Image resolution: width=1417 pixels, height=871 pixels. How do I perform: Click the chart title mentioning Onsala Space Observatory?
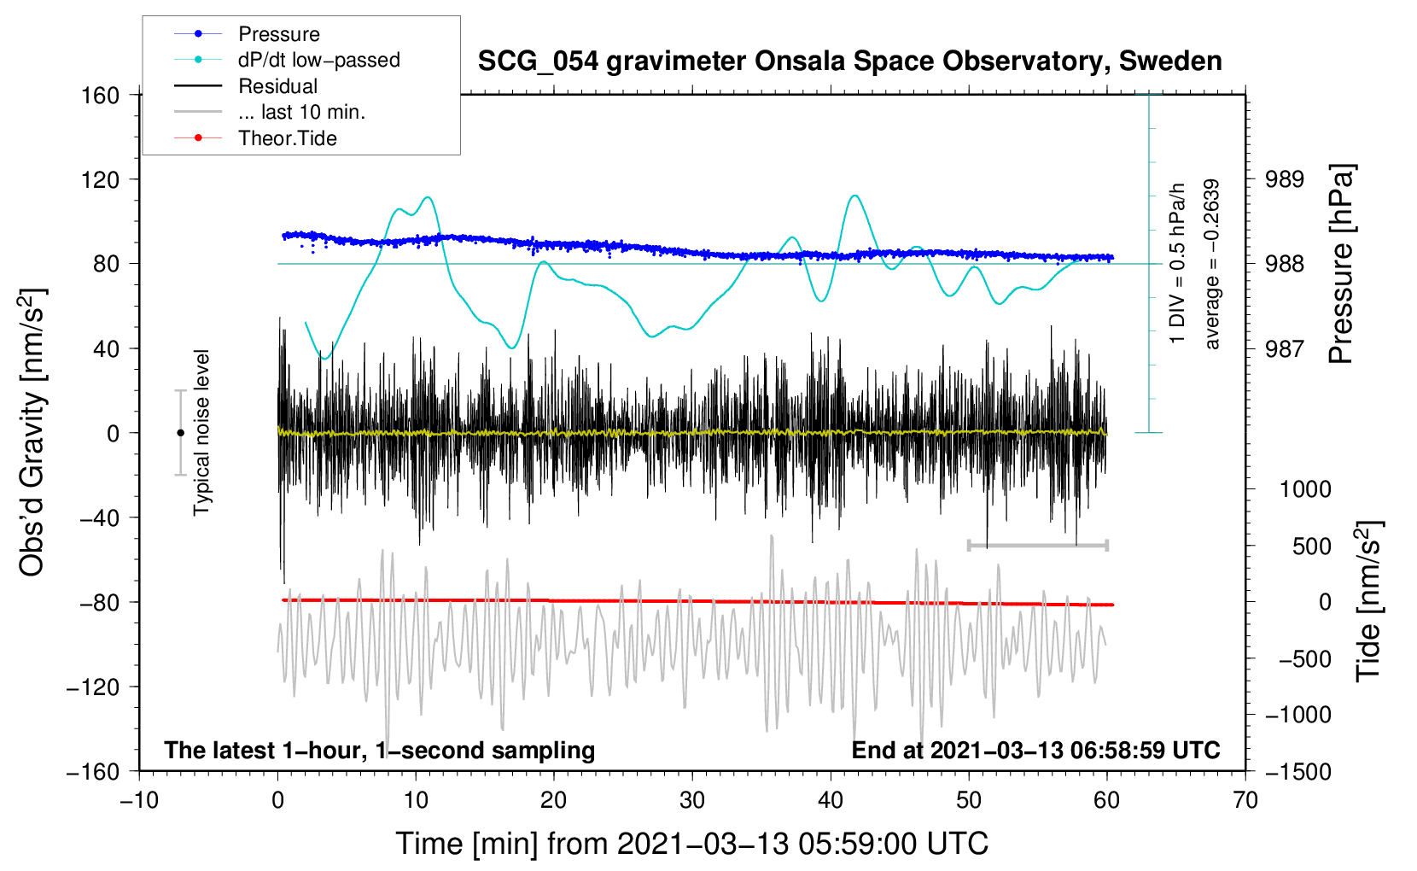(x=849, y=61)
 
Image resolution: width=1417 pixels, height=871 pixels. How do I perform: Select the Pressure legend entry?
(x=278, y=34)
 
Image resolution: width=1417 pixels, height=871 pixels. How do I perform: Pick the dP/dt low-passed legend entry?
(x=318, y=60)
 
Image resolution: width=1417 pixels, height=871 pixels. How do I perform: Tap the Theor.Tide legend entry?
(x=287, y=138)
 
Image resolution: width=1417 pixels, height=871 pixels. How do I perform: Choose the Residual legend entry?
(x=277, y=86)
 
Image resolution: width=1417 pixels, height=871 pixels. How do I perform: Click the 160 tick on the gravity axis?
(x=101, y=95)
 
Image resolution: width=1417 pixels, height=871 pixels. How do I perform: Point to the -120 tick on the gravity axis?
(x=93, y=687)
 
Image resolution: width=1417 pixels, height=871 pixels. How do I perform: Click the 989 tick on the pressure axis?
(x=1285, y=179)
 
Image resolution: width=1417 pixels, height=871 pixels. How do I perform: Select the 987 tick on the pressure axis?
(x=1285, y=348)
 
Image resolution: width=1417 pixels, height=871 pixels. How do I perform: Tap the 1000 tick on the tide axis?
(x=1305, y=489)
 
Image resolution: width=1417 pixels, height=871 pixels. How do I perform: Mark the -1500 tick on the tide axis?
(x=1298, y=771)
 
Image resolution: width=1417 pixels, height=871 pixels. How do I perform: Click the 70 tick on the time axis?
(x=1245, y=800)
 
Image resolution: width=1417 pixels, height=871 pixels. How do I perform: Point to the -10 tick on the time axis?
(x=139, y=800)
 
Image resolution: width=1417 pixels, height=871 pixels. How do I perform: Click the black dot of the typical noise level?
(x=180, y=433)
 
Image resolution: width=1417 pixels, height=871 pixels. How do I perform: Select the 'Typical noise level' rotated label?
(x=201, y=432)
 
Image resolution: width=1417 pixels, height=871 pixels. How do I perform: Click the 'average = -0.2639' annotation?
(x=1212, y=265)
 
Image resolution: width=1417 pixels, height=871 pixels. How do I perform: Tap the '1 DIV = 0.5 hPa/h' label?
(x=1178, y=263)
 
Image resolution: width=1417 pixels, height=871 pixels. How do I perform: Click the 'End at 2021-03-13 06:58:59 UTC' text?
(x=1035, y=750)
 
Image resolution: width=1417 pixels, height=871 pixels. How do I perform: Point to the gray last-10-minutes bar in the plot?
(x=1037, y=545)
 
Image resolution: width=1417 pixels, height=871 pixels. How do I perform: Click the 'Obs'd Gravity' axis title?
(x=32, y=432)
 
